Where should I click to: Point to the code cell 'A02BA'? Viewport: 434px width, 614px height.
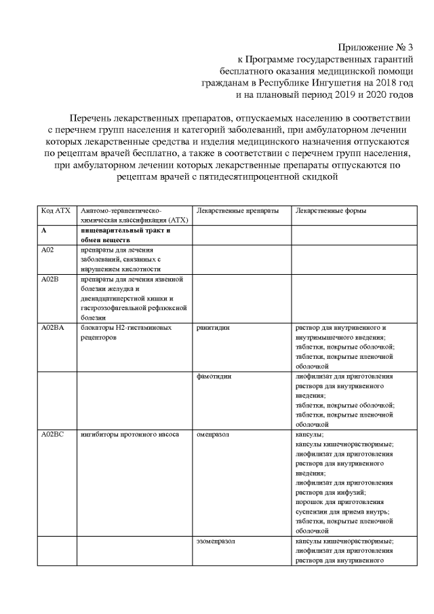pos(52,328)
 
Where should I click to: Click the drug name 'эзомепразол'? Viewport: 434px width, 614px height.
pos(216,541)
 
